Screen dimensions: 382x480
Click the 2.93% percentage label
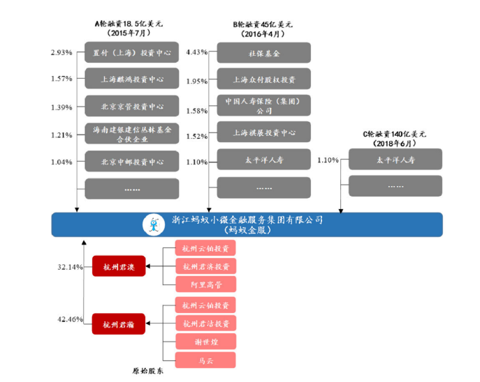pyautogui.click(x=61, y=53)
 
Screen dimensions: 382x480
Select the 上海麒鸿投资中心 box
pyautogui.click(x=131, y=79)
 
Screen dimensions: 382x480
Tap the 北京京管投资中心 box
pyautogui.click(x=131, y=107)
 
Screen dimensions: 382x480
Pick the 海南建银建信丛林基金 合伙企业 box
pyautogui.click(x=131, y=134)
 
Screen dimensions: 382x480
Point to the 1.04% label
pyautogui.click(x=61, y=162)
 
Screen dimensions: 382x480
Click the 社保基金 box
pyautogui.click(x=263, y=53)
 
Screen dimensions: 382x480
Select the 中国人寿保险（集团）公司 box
pyautogui.click(x=263, y=106)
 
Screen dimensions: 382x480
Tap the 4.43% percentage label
pyautogui.click(x=197, y=53)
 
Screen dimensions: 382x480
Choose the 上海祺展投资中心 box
pyautogui.click(x=263, y=132)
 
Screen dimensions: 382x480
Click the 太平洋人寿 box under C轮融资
pyautogui.click(x=395, y=160)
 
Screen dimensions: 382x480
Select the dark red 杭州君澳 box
pyautogui.click(x=118, y=266)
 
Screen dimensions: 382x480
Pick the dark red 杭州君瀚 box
pyautogui.click(x=118, y=323)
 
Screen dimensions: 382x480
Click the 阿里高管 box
pyautogui.click(x=205, y=284)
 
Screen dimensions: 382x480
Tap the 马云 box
pyautogui.click(x=205, y=360)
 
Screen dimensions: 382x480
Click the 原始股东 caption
pyautogui.click(x=148, y=372)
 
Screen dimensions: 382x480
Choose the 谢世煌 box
pyautogui.click(x=205, y=342)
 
